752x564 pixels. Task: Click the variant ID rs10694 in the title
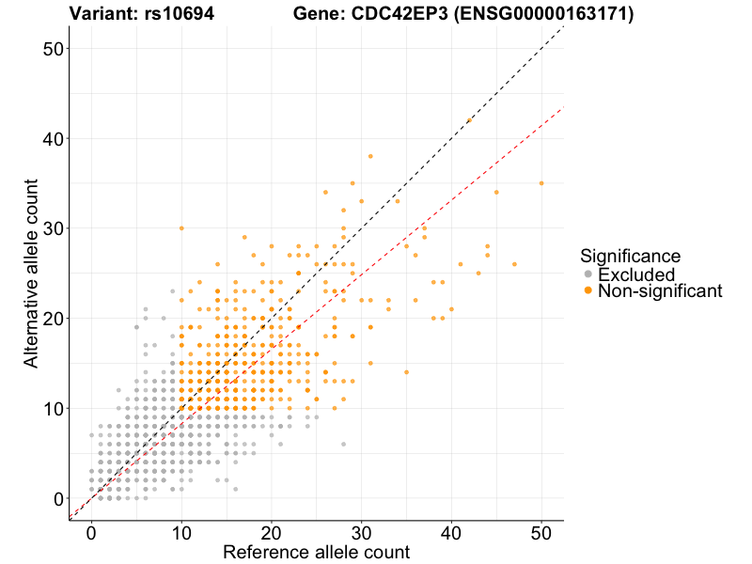[x=182, y=14]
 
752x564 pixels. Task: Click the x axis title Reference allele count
[x=316, y=552]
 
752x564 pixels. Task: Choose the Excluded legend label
[x=650, y=274]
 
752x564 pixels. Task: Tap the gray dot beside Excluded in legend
[x=588, y=274]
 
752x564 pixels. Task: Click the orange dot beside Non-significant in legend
[x=588, y=291]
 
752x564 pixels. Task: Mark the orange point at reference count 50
[x=541, y=183]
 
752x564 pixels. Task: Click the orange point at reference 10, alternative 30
[x=181, y=228]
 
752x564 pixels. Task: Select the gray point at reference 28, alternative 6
[x=343, y=444]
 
